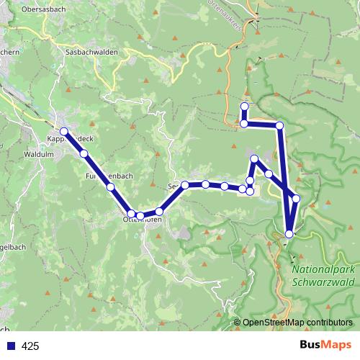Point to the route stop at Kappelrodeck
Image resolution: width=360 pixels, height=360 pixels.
point(65,132)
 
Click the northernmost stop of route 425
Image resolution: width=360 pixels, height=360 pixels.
point(244,107)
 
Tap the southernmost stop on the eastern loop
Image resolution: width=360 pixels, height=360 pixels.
point(289,233)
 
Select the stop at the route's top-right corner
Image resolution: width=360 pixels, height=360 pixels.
point(280,126)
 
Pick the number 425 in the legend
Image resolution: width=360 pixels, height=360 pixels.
point(30,346)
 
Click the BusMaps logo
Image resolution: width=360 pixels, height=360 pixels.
point(326,345)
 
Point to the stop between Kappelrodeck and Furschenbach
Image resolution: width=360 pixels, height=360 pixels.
point(84,153)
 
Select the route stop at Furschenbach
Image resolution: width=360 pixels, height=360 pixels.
point(111,187)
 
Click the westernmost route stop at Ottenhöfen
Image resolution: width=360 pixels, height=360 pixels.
point(131,214)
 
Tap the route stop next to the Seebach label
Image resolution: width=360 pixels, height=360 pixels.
point(185,185)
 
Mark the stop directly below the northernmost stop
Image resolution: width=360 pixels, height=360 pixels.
point(244,124)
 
